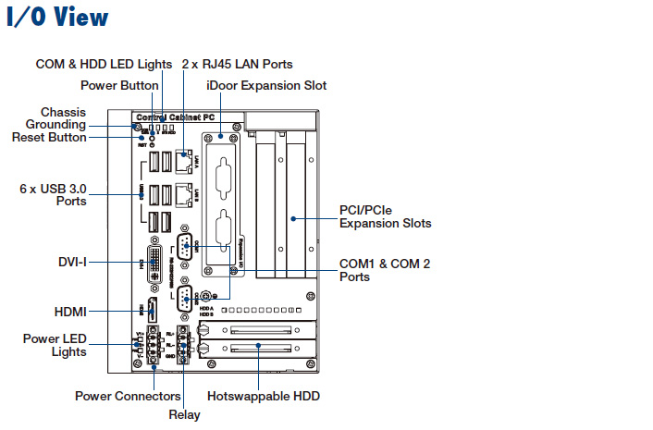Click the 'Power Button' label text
(120, 86)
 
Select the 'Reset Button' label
(49, 137)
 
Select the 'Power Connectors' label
(119, 396)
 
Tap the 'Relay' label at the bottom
(184, 414)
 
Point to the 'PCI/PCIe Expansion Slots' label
(385, 216)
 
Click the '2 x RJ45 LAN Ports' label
(237, 64)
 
